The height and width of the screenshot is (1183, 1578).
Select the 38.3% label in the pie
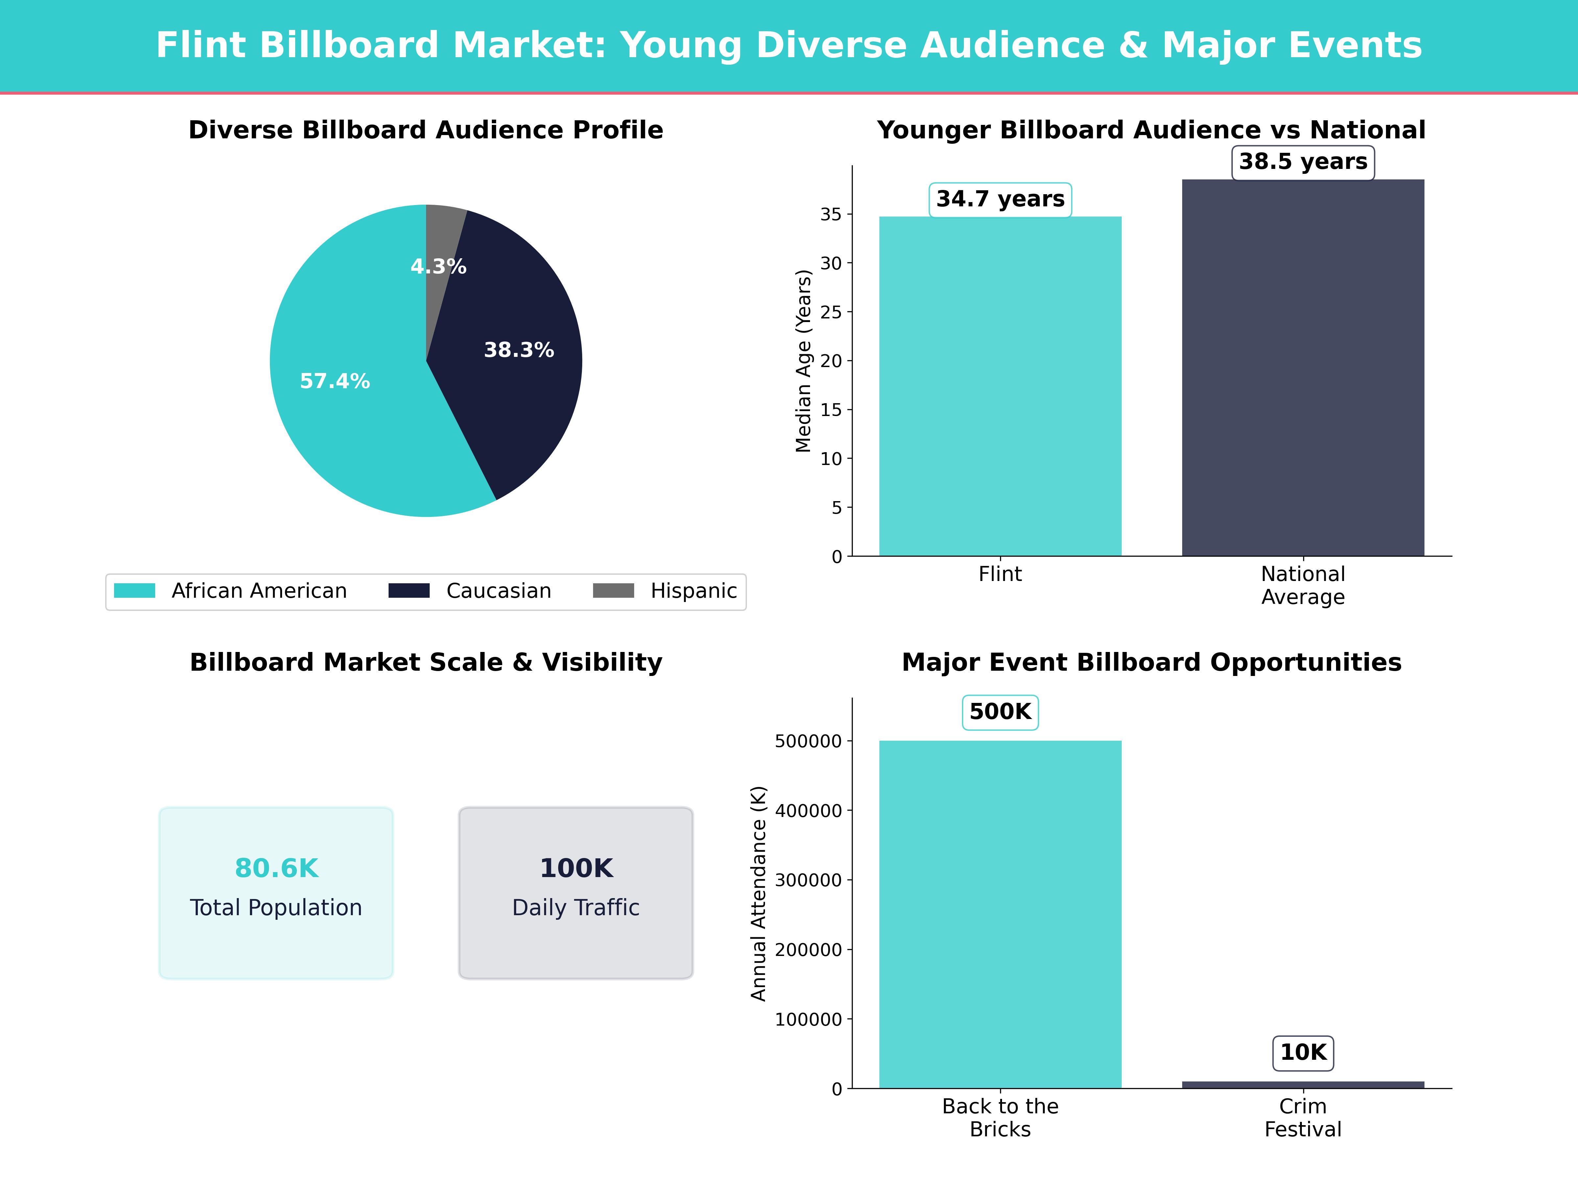pyautogui.click(x=519, y=350)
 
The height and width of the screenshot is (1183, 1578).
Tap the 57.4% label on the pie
pyautogui.click(x=335, y=382)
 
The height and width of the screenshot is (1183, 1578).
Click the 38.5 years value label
pyautogui.click(x=1303, y=162)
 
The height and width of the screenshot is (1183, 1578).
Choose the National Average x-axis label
pyautogui.click(x=1303, y=586)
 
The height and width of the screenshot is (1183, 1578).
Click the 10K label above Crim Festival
pyautogui.click(x=1303, y=1053)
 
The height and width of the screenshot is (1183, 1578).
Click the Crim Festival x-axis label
pyautogui.click(x=1303, y=1118)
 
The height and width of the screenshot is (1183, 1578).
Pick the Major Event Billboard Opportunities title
pyautogui.click(x=1151, y=662)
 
